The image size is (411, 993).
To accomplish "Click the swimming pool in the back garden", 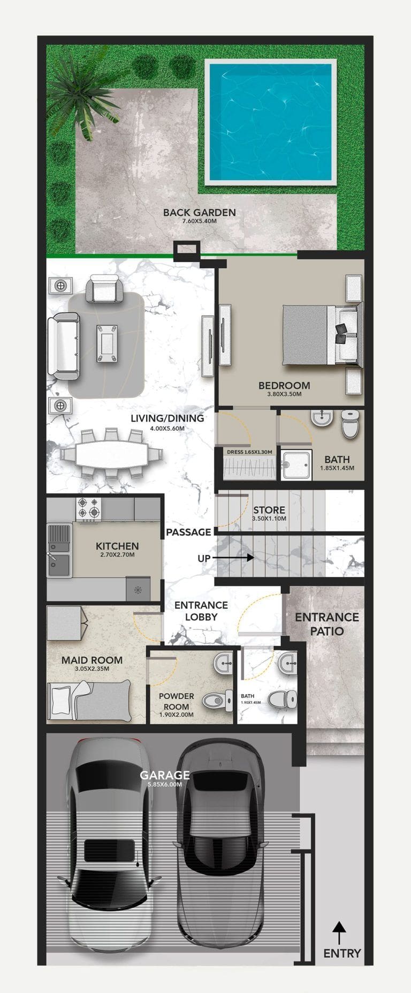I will pos(270,123).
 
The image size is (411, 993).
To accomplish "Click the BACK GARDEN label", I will pos(199,213).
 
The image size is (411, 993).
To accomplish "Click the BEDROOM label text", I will pos(284,385).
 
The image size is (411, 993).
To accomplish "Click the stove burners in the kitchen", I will pos(89,509).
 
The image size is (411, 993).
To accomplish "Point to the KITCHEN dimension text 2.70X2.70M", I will pos(117,555).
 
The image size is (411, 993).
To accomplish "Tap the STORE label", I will pos(269,510).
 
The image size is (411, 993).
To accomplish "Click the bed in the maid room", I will pos(90,699).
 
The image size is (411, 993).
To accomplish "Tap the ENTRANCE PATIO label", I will pos(327,624).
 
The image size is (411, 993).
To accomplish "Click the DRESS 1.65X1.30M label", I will pos(249,452).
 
